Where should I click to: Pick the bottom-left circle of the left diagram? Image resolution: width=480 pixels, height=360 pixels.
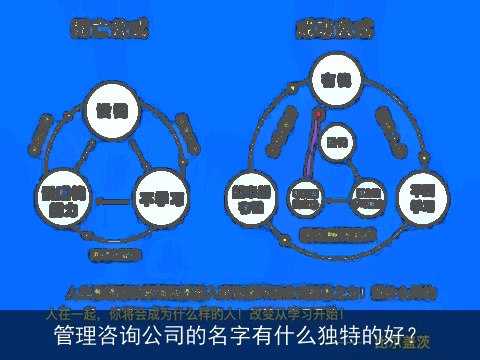click(x=61, y=196)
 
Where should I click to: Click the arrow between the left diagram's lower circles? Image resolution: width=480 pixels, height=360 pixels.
click(x=113, y=200)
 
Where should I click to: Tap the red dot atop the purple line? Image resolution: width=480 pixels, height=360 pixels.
click(x=318, y=114)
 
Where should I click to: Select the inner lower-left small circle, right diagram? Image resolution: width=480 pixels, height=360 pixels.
click(x=303, y=194)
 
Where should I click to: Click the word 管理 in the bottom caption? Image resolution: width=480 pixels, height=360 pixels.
click(x=74, y=335)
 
